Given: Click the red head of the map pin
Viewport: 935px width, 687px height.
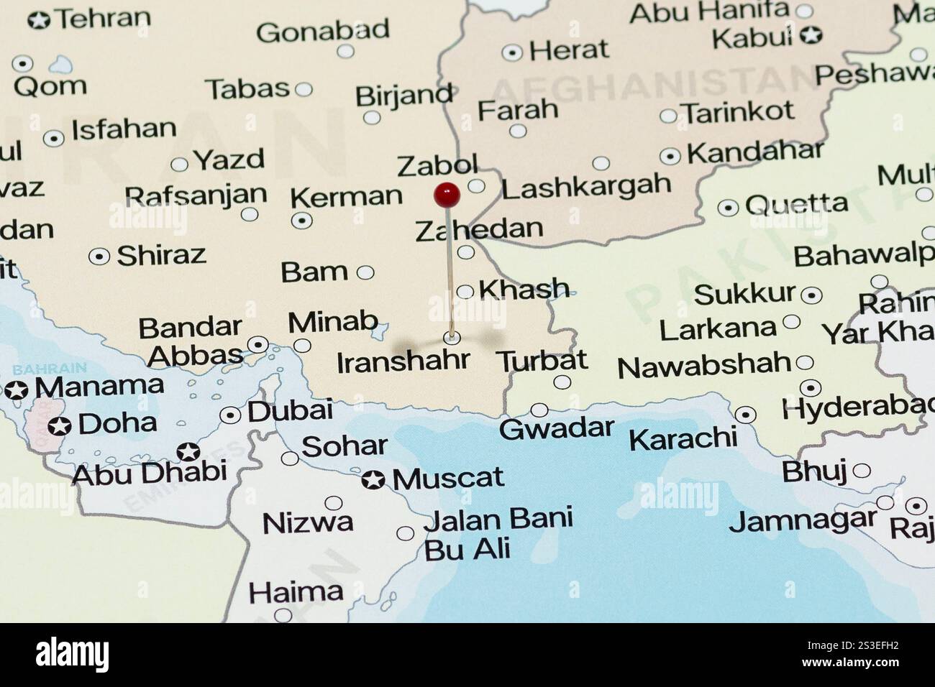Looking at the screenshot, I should [x=447, y=193].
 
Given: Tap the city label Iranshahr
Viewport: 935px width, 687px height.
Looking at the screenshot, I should [x=403, y=361].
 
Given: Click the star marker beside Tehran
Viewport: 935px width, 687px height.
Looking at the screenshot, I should [x=40, y=20].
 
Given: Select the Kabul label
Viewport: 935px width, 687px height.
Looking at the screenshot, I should [x=752, y=37].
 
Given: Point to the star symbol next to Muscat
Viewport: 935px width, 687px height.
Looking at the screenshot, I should [x=373, y=480].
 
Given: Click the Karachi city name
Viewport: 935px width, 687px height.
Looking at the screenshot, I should [x=683, y=438].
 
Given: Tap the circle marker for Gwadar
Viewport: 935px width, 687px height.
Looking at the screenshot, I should [x=539, y=410].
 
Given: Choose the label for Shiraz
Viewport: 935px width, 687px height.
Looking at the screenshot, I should [x=161, y=255].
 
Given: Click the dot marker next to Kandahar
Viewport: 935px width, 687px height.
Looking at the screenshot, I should [x=670, y=156].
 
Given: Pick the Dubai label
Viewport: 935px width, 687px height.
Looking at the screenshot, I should [x=290, y=411].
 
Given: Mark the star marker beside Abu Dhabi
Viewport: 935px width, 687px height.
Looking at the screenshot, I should [x=188, y=452].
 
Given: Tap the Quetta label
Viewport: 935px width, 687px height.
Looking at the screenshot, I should [x=796, y=205].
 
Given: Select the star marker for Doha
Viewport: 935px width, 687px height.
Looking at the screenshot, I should [x=60, y=426].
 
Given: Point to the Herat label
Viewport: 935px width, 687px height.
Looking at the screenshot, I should [x=569, y=50].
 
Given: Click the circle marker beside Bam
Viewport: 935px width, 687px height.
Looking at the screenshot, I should [x=365, y=272].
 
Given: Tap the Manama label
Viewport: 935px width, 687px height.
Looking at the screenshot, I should [x=99, y=387].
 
